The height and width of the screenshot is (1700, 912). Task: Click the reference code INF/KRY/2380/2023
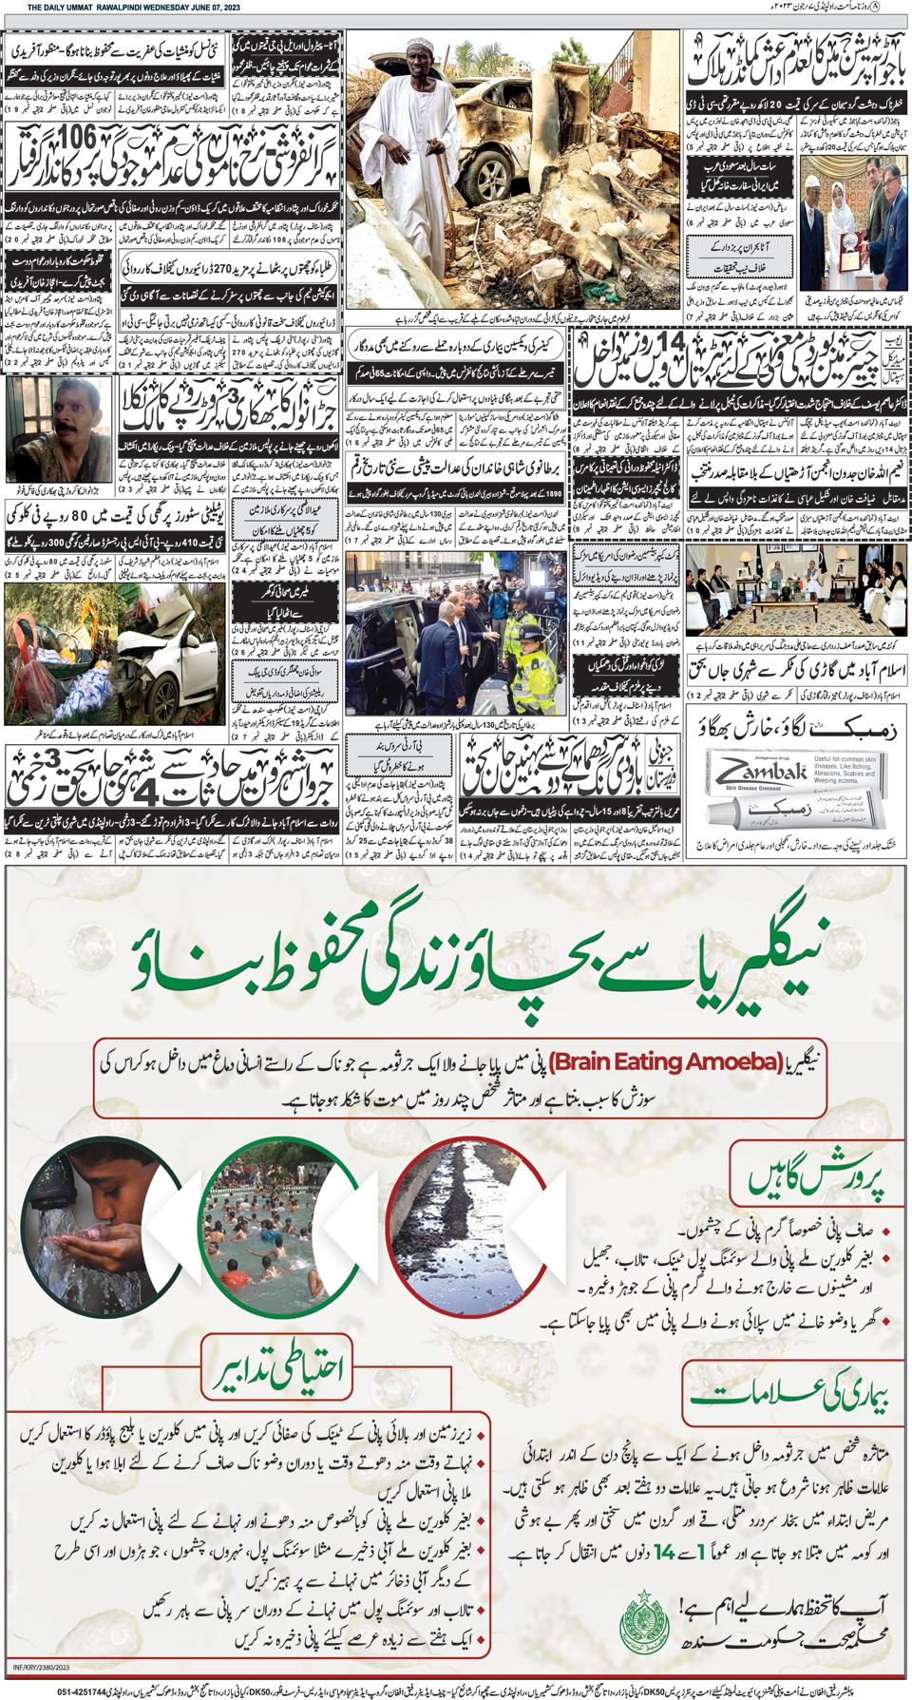tap(42, 1668)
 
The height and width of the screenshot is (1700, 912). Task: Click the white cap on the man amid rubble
tap(419, 44)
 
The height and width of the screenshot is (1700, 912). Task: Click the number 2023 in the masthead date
tap(226, 7)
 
